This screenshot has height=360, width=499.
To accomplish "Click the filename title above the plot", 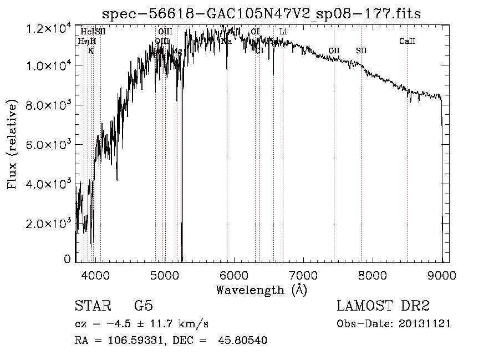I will click(x=262, y=14).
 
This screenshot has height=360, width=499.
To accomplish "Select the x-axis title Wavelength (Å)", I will click(x=261, y=290).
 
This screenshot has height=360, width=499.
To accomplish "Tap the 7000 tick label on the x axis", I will click(x=303, y=276).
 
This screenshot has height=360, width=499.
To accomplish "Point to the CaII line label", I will click(x=408, y=42).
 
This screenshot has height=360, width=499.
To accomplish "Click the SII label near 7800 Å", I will click(x=361, y=51).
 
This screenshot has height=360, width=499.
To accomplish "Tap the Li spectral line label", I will click(x=283, y=32).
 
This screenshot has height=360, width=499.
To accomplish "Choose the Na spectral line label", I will click(x=227, y=42).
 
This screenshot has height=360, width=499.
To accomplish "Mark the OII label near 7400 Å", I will click(x=334, y=51).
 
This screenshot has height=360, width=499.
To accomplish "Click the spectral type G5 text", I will click(x=144, y=306).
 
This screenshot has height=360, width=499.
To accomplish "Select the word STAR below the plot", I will click(x=93, y=306).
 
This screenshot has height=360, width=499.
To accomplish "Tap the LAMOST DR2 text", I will click(x=383, y=306).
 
